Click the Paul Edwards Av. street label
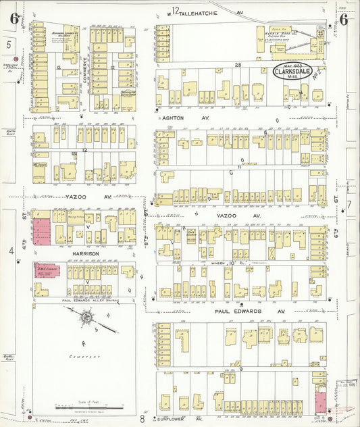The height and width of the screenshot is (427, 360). click(x=241, y=312)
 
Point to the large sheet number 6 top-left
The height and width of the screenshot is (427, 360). click(x=14, y=18)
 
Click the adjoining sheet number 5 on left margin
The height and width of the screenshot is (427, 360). click(x=9, y=45)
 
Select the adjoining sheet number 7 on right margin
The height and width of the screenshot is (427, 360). click(x=349, y=204)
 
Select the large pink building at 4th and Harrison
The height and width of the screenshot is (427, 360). click(x=41, y=231)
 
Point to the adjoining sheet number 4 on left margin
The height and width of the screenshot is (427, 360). click(x=9, y=251)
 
